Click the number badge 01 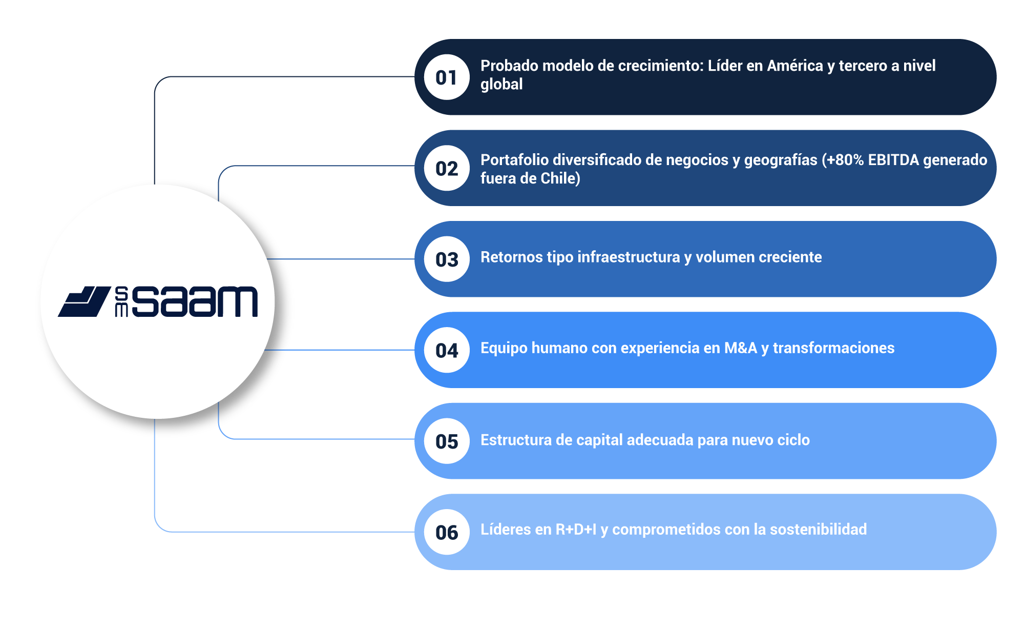[447, 77]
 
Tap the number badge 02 [447, 168]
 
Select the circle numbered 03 [447, 259]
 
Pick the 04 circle [447, 350]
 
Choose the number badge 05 [447, 441]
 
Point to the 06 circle [447, 532]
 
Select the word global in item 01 [501, 85]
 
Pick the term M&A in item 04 [740, 348]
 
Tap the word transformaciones [833, 348]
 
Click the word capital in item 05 [599, 440]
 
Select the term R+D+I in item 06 [576, 530]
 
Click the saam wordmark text [195, 301]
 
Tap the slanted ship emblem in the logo [85, 301]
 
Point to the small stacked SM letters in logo [121, 301]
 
